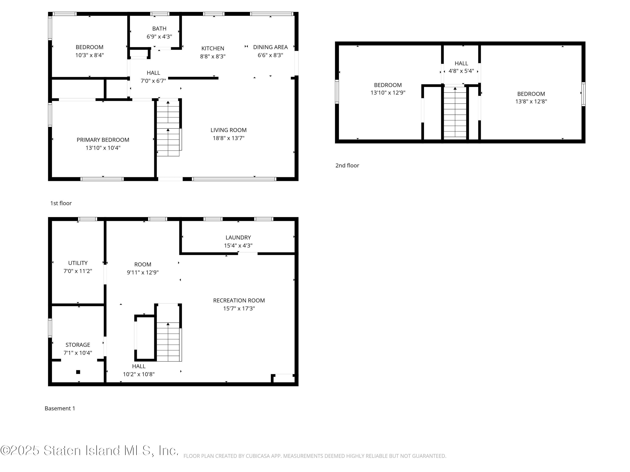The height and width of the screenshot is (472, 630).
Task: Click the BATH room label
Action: coord(159,29)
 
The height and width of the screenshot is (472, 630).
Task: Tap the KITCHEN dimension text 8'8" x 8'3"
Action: coord(213,56)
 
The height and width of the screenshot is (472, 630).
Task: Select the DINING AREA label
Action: coord(270,47)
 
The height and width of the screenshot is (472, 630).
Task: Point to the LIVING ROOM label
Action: coord(228,130)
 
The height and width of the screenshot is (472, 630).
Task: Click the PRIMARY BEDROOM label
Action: coord(103,140)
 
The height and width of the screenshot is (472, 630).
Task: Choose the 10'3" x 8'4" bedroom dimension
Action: coord(89,55)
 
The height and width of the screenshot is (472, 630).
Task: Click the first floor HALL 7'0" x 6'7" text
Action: coord(153,81)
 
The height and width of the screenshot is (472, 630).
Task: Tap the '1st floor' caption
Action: coord(61,203)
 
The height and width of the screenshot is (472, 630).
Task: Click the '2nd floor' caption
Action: coord(347,165)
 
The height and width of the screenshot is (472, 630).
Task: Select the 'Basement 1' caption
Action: coord(60,408)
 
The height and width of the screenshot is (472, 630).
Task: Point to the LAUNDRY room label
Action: coord(238,237)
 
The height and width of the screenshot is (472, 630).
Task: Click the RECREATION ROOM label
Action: coord(239,300)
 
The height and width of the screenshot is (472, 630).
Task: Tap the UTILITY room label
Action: coord(78,263)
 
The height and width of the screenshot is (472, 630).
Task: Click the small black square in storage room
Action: coord(78,372)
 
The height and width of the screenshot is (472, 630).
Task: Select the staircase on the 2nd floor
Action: coord(455,112)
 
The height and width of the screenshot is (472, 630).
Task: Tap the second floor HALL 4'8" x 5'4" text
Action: coord(461,71)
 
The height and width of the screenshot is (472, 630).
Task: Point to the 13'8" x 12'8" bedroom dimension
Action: coord(531,102)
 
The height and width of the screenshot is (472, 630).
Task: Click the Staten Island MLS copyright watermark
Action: coord(89,450)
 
